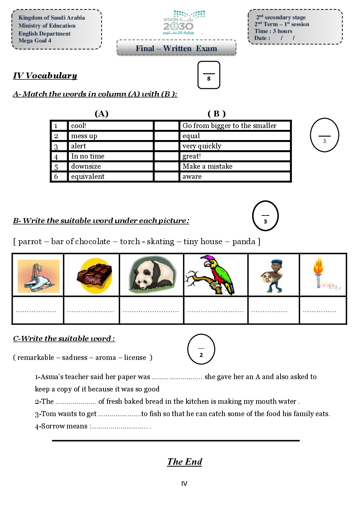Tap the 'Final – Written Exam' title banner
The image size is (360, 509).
[x=176, y=48]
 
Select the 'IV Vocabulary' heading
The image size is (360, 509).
[x=45, y=75]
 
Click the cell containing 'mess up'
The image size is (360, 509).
[x=110, y=136]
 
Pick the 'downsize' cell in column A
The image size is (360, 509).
[x=110, y=167]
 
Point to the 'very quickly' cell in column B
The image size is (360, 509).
[x=235, y=146]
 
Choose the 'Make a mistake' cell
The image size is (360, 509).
[x=235, y=167]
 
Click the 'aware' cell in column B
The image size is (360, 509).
[x=235, y=177]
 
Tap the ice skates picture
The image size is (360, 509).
[x=38, y=276]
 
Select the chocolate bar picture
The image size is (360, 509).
[x=94, y=276]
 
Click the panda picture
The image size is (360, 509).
[x=152, y=276]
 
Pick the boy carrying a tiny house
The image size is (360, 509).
[x=273, y=276]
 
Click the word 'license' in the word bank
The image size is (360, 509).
[x=135, y=358]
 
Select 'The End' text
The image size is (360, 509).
[x=184, y=462]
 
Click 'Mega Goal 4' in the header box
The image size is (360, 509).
[x=35, y=41]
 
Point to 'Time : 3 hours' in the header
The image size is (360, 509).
[x=273, y=31]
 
